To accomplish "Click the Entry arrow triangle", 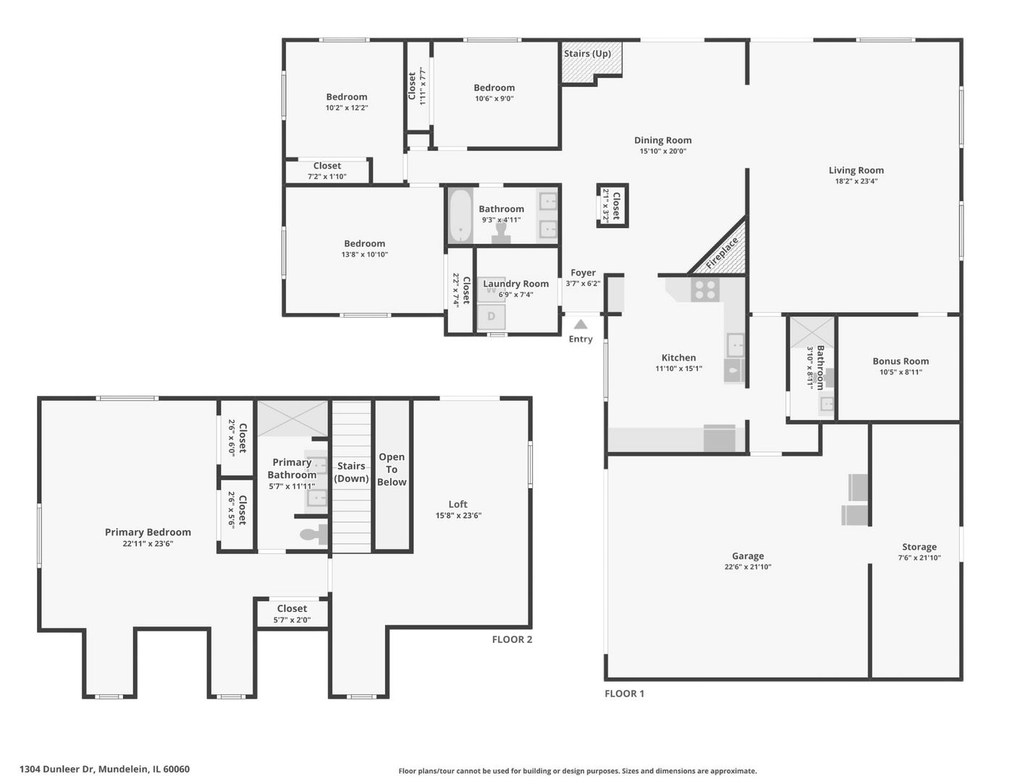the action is pos(581,324).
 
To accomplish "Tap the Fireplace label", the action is pos(722,253).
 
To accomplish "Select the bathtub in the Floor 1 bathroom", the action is pos(460,215).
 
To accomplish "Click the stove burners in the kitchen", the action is pos(704,289).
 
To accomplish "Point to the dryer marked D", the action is pos(491,316).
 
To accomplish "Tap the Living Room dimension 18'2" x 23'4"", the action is pos(856,181).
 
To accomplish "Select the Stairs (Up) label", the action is pos(587,54).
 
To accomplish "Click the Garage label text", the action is pos(748,555).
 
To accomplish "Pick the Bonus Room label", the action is pos(901,361).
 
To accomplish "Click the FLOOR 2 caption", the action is pos(512,639).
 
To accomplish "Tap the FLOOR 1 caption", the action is pos(624,694).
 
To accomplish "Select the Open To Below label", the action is pos(392,469).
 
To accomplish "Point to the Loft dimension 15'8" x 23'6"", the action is pos(458,516).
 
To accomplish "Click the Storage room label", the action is pos(919,547).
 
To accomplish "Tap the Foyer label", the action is pos(583,272).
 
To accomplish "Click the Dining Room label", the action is pos(662,140).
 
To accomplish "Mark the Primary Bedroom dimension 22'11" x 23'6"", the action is pos(148,544).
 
